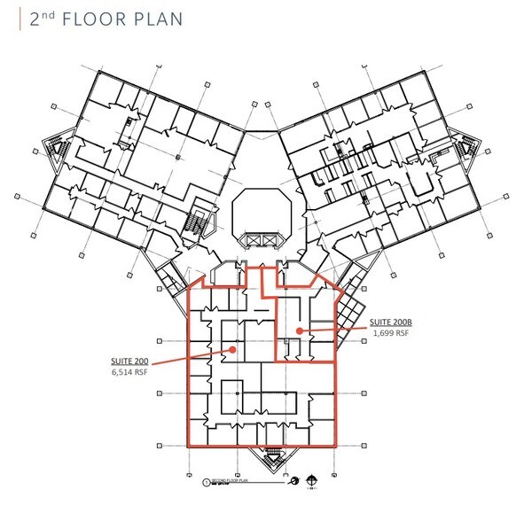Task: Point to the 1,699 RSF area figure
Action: [390, 335]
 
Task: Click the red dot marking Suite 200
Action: [232, 349]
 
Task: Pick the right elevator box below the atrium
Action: [267, 239]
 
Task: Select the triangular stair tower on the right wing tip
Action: [465, 147]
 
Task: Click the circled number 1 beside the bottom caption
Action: [206, 484]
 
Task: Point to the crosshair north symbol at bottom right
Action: [312, 482]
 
